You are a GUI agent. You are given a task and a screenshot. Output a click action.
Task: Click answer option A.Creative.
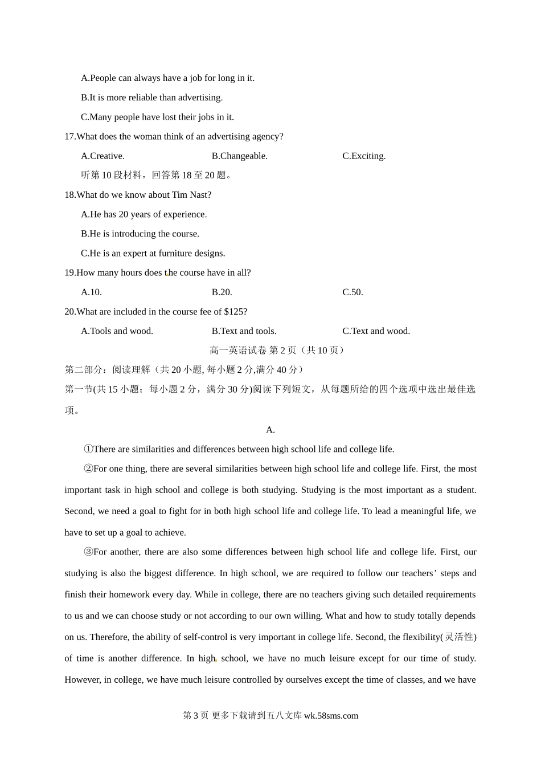pyautogui.click(x=103, y=156)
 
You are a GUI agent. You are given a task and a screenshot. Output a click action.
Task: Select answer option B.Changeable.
pyautogui.click(x=239, y=156)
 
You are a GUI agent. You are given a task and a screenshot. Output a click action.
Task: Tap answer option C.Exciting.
pyautogui.click(x=364, y=156)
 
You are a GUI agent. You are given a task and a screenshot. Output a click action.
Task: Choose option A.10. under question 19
pyautogui.click(x=91, y=292)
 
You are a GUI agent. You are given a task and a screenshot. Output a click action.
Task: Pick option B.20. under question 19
pyautogui.click(x=222, y=292)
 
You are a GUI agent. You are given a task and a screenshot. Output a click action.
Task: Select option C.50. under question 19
pyautogui.click(x=353, y=292)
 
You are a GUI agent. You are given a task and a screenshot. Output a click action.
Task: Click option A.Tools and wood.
pyautogui.click(x=117, y=331)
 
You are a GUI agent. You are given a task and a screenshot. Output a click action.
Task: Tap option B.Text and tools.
pyautogui.click(x=244, y=331)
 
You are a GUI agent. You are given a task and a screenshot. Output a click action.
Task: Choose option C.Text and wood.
pyautogui.click(x=376, y=331)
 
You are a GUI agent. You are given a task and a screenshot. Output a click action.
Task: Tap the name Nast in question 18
pyautogui.click(x=199, y=195)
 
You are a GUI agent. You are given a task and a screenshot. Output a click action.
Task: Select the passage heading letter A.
pyautogui.click(x=270, y=430)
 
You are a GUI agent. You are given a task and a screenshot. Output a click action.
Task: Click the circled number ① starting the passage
pyautogui.click(x=88, y=449)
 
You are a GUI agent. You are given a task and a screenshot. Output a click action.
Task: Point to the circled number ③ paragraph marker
pyautogui.click(x=88, y=552)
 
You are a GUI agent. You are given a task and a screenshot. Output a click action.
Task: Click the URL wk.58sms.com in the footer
pyautogui.click(x=331, y=716)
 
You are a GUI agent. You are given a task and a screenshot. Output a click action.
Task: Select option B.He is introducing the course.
pyautogui.click(x=140, y=234)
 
